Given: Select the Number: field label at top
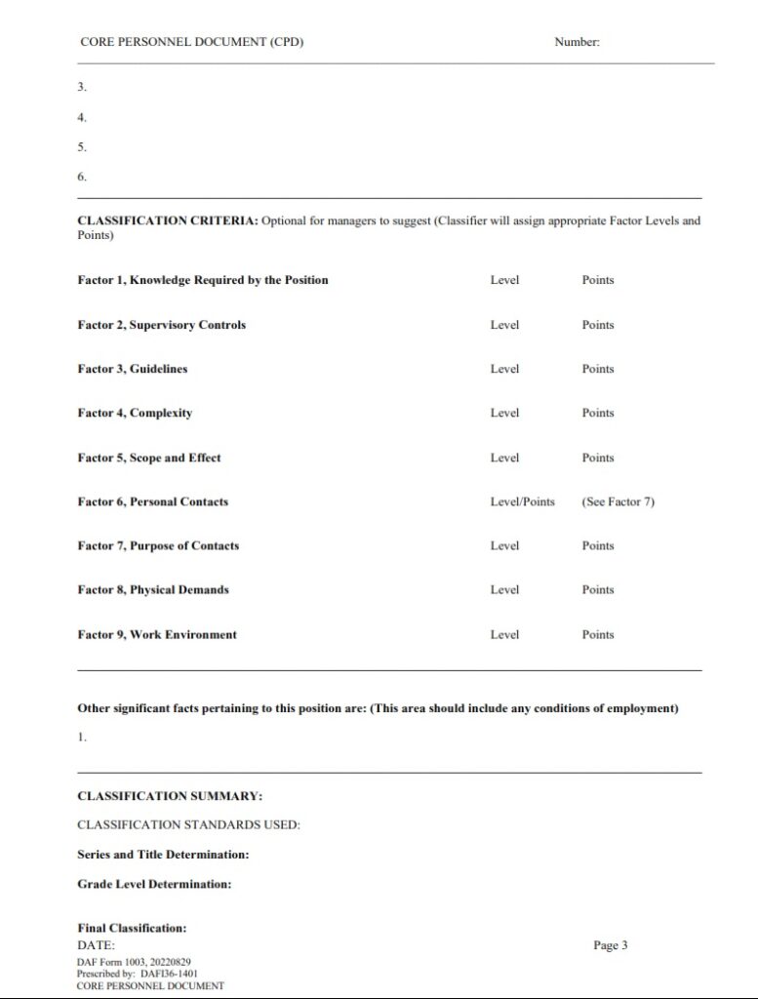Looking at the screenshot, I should tap(577, 42).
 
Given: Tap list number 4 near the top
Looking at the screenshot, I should tap(82, 117).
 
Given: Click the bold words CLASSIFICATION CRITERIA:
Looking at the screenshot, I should tap(167, 220).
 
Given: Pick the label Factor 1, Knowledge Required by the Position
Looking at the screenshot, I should tap(203, 280).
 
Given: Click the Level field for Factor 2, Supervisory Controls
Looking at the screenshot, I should tap(504, 325).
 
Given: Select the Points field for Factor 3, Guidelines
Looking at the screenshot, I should tap(598, 369).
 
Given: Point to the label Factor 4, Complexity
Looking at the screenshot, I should tap(135, 413).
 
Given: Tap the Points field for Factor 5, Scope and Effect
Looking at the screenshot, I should tap(598, 458).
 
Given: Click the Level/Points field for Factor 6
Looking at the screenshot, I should tap(522, 501).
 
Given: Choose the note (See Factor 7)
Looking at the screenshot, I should tap(618, 501).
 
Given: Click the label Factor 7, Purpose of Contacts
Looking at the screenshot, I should tap(158, 545).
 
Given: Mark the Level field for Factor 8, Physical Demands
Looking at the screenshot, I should tap(504, 589).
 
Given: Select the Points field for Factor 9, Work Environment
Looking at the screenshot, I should tap(598, 634).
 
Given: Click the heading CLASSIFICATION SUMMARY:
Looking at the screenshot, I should tap(170, 796).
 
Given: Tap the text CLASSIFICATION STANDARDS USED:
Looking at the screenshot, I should tap(188, 825).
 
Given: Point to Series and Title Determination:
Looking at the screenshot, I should tap(163, 855).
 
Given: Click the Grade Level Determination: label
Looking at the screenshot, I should tap(154, 884).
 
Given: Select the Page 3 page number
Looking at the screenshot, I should tap(611, 944).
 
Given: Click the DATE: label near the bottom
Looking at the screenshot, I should tap(96, 944).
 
